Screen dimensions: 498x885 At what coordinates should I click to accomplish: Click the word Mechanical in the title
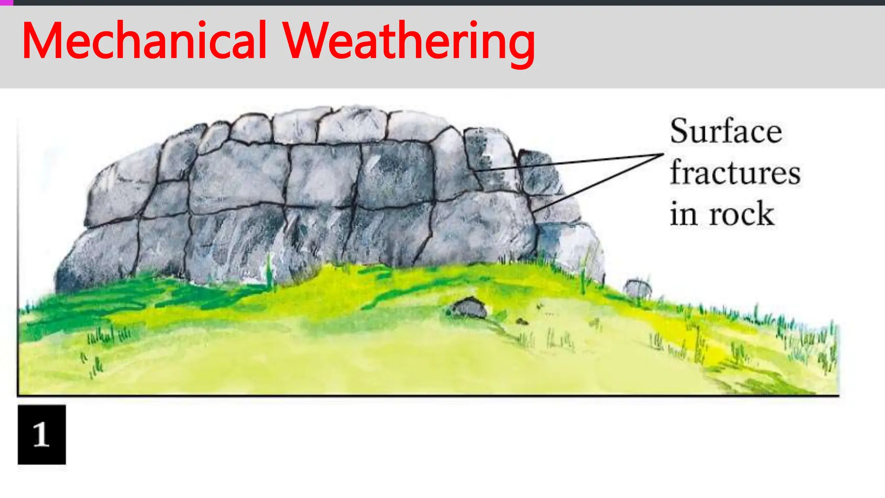pos(144,41)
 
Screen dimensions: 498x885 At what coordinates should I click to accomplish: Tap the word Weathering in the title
pos(409,41)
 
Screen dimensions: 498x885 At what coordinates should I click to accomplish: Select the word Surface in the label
pos(726,131)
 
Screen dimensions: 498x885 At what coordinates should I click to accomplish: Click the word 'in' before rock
pos(684,214)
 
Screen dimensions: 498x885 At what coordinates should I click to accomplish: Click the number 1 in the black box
pos(41,434)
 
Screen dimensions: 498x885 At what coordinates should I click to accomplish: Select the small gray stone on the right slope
pos(638,288)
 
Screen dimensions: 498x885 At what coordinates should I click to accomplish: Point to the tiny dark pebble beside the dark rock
pos(522,321)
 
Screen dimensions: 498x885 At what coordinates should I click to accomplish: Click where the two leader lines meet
pos(662,154)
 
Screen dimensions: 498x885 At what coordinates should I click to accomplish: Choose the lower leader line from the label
pos(596,183)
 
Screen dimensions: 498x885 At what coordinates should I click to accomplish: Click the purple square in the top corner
pos(6,3)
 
